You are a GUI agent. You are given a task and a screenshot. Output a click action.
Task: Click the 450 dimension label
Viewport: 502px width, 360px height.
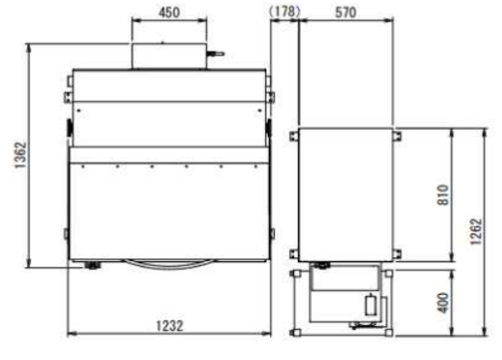coord(169,13)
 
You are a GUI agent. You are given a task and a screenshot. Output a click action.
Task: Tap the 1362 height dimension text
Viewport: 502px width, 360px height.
coord(20,154)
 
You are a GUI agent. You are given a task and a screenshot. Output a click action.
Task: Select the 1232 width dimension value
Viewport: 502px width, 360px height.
coord(170,326)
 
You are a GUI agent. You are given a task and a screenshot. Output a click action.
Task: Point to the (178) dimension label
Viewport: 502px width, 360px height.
coord(284,12)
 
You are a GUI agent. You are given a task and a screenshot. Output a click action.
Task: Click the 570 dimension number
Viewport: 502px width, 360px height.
coord(346,13)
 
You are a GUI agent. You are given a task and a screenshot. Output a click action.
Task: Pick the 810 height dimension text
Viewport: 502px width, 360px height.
coord(443,195)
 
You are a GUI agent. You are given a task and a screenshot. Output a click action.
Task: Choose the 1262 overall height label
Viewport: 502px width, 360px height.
coord(476,232)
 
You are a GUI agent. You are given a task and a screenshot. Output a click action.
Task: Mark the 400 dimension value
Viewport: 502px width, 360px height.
coord(443,303)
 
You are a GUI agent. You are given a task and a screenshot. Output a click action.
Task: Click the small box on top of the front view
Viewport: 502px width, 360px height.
coord(169,55)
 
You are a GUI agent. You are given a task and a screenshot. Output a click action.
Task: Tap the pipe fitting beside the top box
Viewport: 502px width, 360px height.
coord(216,54)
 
